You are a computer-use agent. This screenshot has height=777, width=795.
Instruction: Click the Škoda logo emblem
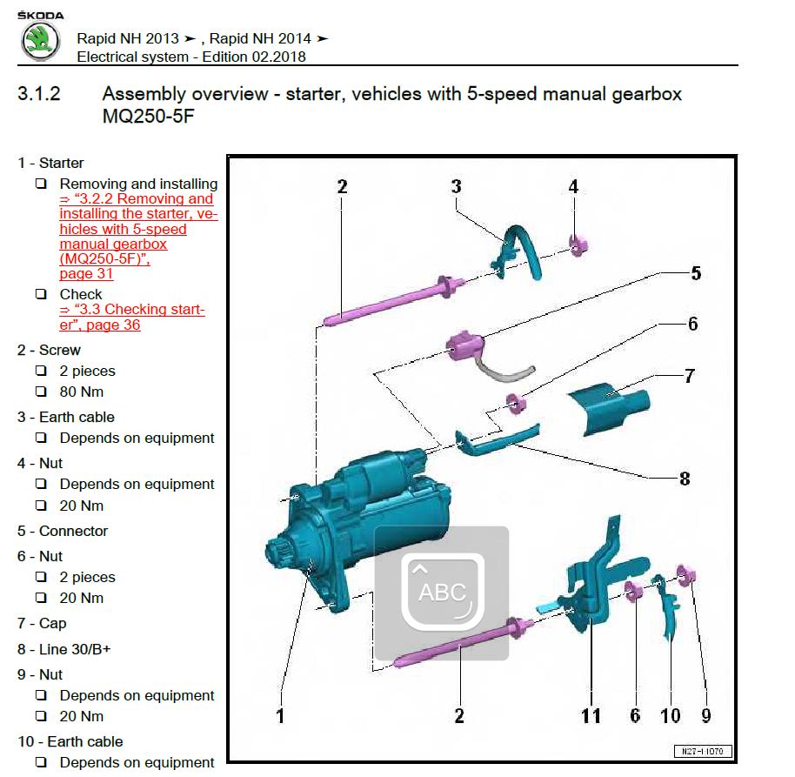(39, 41)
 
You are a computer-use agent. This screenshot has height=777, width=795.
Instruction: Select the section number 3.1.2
(39, 94)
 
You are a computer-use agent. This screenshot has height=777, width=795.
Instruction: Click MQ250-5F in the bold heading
(147, 116)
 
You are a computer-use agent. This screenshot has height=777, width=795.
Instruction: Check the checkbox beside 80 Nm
(41, 392)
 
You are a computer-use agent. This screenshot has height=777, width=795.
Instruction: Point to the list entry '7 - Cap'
(42, 623)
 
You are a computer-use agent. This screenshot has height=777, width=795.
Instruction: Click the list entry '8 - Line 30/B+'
(63, 649)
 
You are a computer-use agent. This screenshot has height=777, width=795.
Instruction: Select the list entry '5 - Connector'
(63, 531)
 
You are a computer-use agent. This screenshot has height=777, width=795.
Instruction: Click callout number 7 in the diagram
(689, 376)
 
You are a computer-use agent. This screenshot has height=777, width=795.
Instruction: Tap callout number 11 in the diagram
(591, 715)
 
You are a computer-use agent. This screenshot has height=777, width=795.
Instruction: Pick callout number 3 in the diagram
(456, 186)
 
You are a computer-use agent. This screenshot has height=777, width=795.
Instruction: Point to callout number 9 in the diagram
(705, 715)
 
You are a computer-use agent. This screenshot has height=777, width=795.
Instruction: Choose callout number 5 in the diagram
(695, 273)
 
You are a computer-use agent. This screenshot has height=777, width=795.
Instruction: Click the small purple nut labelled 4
(575, 244)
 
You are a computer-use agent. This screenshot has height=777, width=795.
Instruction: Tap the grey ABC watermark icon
(442, 593)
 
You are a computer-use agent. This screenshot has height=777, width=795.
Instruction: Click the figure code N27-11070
(702, 751)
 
